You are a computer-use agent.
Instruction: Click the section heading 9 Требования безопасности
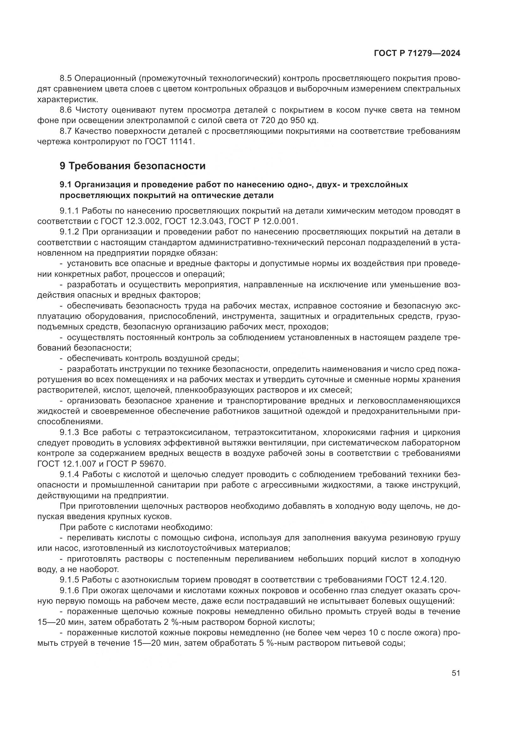pyautogui.click(x=132, y=166)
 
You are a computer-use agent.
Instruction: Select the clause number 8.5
pyautogui.click(x=67, y=78)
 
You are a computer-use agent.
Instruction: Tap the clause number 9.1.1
pyautogui.click(x=69, y=211)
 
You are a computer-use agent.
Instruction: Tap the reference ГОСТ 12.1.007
pyautogui.click(x=67, y=464)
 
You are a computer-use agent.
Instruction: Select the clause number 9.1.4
pyautogui.click(x=69, y=475)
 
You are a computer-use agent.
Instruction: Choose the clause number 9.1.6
pyautogui.click(x=69, y=590)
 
